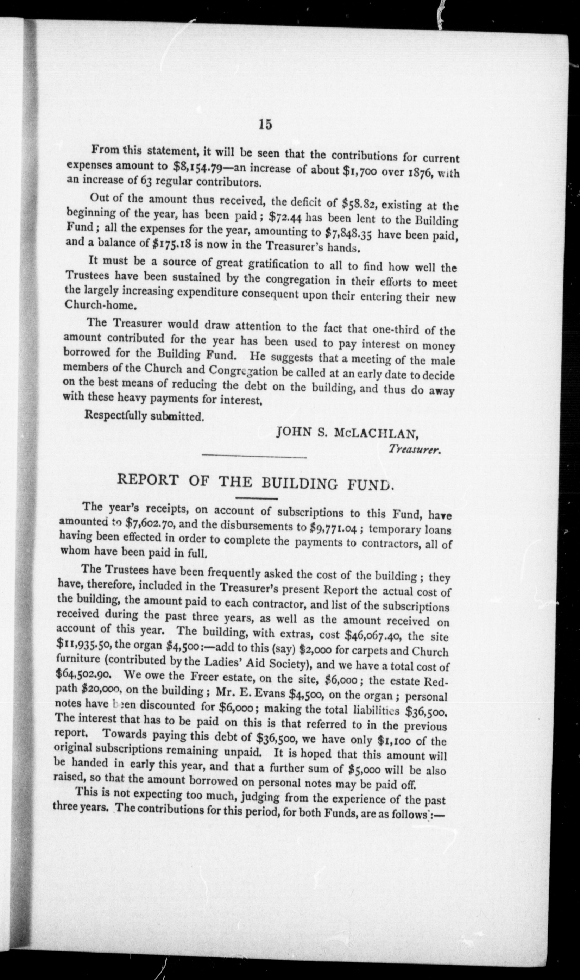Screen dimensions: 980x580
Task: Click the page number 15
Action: [x=265, y=124]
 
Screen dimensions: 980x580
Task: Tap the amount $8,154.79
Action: [x=197, y=167]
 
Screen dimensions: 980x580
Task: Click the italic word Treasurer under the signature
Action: [x=415, y=450]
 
